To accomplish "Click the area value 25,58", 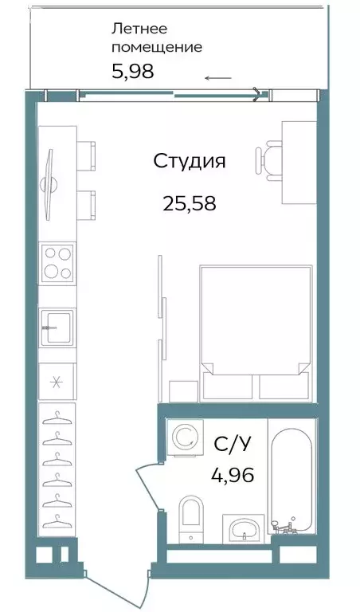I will (190, 203).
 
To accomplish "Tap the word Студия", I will (190, 162).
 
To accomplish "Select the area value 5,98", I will (132, 71).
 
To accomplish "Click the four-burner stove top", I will (57, 262).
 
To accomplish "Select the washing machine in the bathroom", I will (185, 437).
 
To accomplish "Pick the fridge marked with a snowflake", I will (57, 379).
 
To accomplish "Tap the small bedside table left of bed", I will (183, 391).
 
